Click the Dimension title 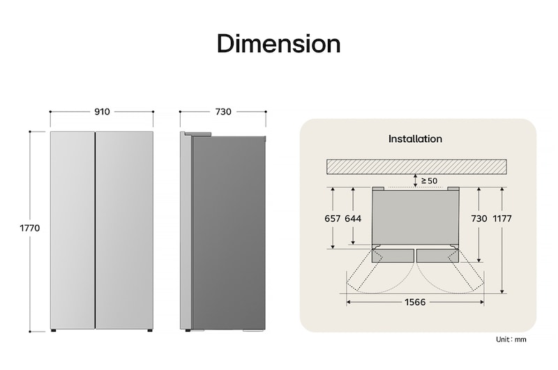[278, 44]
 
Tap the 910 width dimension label [102, 111]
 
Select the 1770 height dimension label [29, 228]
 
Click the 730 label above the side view [223, 111]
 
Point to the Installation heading [415, 139]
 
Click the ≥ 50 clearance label [429, 181]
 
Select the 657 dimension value [333, 219]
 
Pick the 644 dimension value [353, 219]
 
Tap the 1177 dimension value [502, 219]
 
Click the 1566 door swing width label [415, 302]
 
